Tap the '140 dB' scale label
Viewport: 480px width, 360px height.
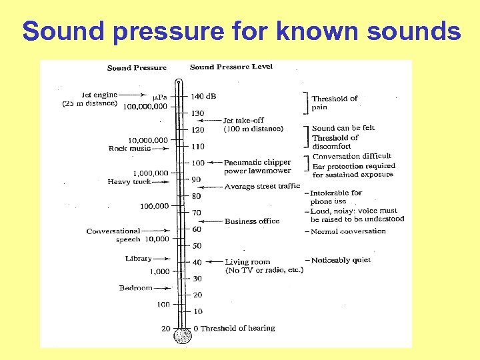click(x=204, y=96)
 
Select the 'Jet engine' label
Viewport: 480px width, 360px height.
click(x=99, y=95)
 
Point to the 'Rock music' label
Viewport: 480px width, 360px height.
click(x=129, y=149)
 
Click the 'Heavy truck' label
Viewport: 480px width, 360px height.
click(x=129, y=181)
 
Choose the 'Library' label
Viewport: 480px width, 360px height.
click(x=138, y=259)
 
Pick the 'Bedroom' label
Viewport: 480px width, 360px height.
click(x=135, y=288)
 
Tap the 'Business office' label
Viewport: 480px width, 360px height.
click(x=252, y=221)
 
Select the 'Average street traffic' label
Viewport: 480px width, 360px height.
click(x=262, y=187)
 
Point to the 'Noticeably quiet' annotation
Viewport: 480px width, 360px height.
click(x=340, y=260)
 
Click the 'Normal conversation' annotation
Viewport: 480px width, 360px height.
click(x=348, y=231)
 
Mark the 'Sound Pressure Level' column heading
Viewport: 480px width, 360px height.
click(x=231, y=67)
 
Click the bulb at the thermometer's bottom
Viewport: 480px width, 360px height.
click(x=182, y=337)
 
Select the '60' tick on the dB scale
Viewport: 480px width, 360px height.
click(x=197, y=229)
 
